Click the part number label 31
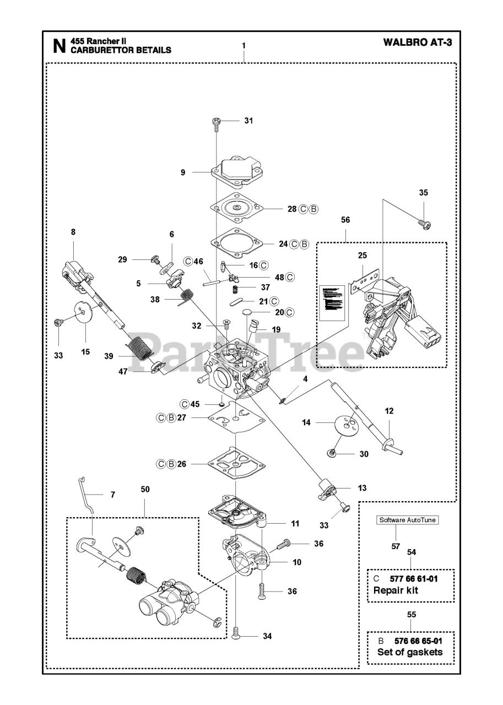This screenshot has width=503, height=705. (x=248, y=121)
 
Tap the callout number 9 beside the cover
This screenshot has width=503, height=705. (x=183, y=172)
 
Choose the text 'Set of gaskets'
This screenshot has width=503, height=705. (x=409, y=652)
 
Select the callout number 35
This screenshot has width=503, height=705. (x=423, y=193)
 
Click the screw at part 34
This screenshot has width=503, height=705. (x=236, y=634)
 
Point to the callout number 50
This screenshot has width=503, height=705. (x=145, y=489)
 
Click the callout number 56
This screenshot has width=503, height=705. (x=345, y=219)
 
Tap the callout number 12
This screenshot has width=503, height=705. (x=389, y=410)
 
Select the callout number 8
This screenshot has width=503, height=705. (x=73, y=232)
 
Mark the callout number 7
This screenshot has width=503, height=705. (x=112, y=495)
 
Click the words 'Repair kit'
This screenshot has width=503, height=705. (x=396, y=590)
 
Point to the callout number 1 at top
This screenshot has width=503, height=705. (x=244, y=45)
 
